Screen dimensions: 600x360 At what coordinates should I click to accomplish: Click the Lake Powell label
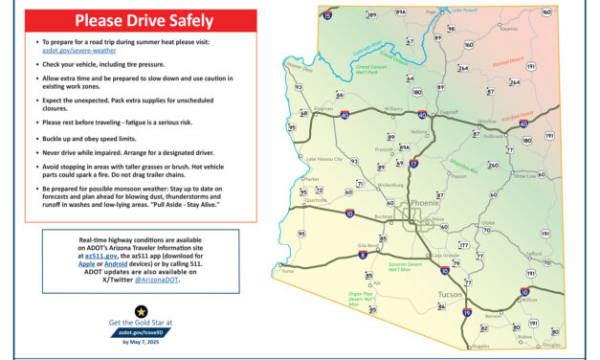point(462,10)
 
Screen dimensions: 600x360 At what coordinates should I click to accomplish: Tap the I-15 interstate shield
point(327,14)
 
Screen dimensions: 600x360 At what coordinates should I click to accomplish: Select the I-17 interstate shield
point(413,165)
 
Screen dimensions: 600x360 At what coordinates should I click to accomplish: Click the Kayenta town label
point(509,29)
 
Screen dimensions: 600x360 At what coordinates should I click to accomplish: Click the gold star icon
point(140,311)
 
